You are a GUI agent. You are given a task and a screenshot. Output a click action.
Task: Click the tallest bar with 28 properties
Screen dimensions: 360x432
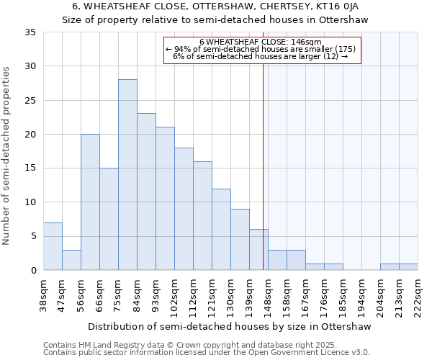point(127,175)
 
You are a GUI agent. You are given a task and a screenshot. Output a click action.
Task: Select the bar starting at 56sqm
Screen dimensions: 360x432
point(90,202)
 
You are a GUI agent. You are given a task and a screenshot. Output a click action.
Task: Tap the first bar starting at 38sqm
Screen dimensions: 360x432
point(53,246)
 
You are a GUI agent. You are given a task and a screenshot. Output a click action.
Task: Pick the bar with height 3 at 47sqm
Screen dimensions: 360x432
point(71,260)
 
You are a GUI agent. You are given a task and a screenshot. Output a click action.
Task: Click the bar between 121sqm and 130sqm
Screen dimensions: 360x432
point(221,230)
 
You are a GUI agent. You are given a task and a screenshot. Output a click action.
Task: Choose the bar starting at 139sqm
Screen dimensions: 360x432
point(258,250)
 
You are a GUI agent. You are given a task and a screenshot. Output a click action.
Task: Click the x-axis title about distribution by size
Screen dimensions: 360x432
point(230,326)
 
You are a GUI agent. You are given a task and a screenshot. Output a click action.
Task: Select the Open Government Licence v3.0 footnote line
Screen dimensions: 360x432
point(206,352)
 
